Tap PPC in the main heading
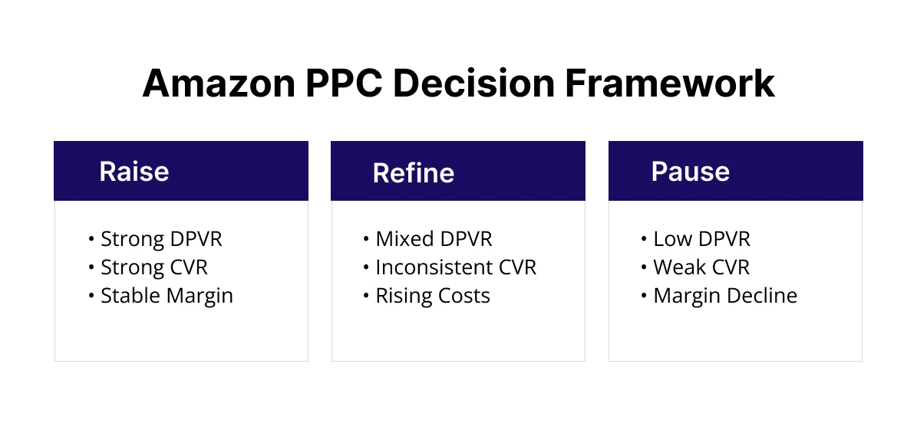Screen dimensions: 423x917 334,84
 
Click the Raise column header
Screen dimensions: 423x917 134,171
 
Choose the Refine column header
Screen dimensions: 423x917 413,172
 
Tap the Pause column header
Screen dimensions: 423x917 690,171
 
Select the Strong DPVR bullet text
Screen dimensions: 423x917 161,239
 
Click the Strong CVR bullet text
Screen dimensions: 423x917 154,267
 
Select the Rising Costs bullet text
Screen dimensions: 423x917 432,296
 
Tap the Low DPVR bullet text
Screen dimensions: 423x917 701,239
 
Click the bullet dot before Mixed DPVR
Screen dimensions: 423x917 366,240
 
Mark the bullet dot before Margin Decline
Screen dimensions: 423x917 644,297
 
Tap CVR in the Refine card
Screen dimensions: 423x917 520,267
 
